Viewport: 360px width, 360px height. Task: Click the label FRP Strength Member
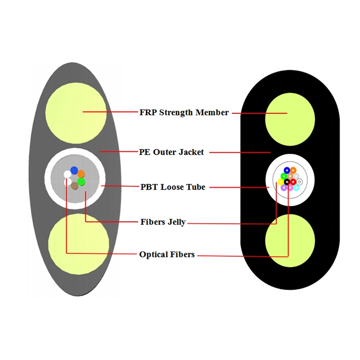(184, 112)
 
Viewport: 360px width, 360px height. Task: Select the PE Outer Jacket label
(171, 152)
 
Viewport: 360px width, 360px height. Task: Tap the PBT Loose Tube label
(173, 187)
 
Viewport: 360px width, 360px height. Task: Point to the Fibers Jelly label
(163, 222)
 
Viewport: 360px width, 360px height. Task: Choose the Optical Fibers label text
(167, 254)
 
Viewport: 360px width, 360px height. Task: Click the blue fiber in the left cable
(74, 170)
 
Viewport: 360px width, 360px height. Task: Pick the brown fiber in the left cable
(74, 185)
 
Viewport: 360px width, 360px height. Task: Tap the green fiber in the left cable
(81, 181)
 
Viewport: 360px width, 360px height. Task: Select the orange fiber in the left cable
(81, 174)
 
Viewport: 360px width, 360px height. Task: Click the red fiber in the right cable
(293, 182)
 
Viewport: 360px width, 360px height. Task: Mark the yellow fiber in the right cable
(281, 182)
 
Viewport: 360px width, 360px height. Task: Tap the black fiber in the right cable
(287, 181)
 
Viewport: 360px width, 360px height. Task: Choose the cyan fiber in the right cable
(296, 188)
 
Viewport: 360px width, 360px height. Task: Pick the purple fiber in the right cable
(284, 188)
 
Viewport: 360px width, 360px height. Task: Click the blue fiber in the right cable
(287, 170)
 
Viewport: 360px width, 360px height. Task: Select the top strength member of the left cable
(75, 112)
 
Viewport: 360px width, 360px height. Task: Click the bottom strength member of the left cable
(78, 244)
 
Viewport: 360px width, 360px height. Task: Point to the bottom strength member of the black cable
(290, 240)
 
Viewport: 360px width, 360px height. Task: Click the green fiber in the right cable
(284, 176)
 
